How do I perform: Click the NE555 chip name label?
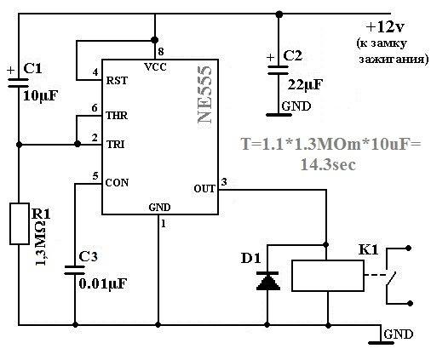(205, 94)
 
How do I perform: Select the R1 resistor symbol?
(20, 224)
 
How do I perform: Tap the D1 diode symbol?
(268, 281)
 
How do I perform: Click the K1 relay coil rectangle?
(328, 276)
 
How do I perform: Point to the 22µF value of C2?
(305, 84)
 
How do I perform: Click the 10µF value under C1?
(40, 96)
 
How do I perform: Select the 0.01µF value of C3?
(103, 283)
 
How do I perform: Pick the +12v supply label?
(385, 27)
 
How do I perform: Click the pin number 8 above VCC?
(161, 52)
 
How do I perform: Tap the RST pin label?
(117, 81)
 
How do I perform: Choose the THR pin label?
(117, 116)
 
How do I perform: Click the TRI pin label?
(116, 145)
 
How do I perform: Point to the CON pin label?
(117, 182)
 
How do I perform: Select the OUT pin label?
(204, 189)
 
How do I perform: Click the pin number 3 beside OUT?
(224, 181)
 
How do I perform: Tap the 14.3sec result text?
(328, 164)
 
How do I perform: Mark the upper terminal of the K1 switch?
(409, 249)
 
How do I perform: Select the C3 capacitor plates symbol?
(75, 271)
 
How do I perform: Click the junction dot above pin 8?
(154, 39)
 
